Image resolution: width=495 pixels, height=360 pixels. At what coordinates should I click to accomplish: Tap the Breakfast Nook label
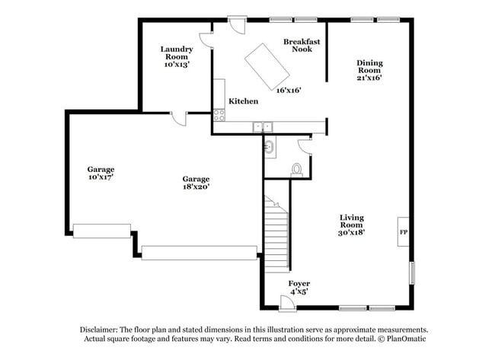coord(302,45)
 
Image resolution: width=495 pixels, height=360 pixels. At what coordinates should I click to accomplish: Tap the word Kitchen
coord(244,101)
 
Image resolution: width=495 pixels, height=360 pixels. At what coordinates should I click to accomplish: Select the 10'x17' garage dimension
coord(101,177)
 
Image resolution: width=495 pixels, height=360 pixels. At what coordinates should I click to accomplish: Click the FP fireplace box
coord(404,231)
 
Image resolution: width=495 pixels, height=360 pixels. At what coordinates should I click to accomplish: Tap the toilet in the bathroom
coord(297,170)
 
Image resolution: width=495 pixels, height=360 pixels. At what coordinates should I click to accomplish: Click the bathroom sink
coord(270,145)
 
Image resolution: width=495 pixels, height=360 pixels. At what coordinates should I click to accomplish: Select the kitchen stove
coord(219,115)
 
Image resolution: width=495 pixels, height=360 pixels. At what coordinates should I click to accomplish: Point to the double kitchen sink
coord(263,126)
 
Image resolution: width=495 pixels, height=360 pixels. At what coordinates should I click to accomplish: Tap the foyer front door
coord(287,304)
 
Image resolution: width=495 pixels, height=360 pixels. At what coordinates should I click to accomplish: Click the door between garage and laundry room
coord(179,119)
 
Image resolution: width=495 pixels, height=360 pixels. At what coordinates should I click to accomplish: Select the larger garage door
coord(200,253)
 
